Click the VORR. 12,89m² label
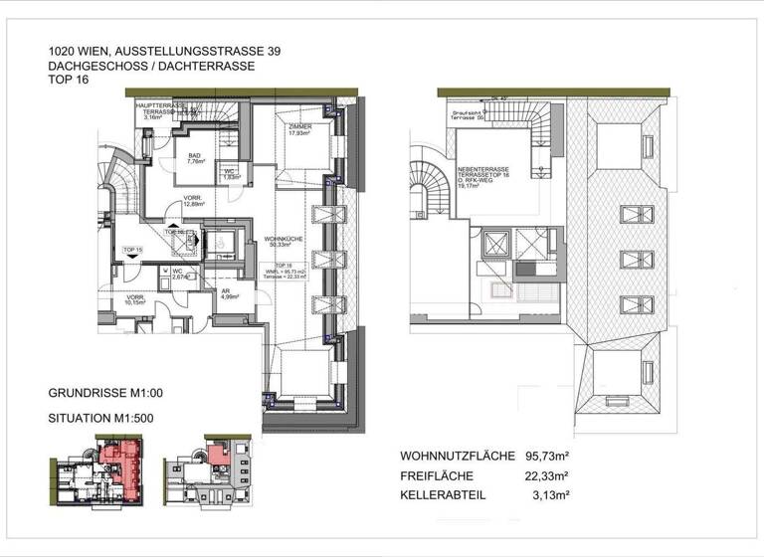pos(194,203)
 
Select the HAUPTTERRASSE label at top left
pos(157,105)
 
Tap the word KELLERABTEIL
pos(444,494)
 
